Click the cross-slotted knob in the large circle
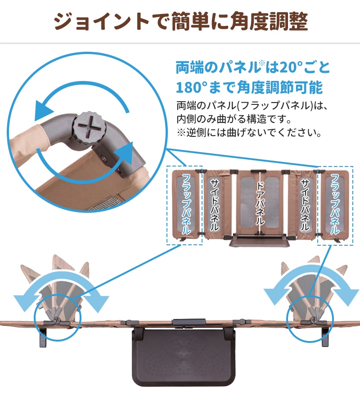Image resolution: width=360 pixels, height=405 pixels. point(90,128)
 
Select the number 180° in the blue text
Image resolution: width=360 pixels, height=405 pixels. point(192,87)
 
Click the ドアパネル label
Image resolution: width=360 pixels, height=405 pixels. point(260,203)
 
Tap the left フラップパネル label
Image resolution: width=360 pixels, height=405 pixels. point(186,204)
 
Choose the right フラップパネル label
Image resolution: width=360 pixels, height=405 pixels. point(335,204)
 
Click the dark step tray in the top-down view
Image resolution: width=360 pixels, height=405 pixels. point(183,357)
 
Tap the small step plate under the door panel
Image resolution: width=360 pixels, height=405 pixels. point(260,241)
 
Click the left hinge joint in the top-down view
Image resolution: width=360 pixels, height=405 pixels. point(57,320)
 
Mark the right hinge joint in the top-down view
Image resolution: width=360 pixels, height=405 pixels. point(314,320)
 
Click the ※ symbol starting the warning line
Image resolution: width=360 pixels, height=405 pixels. point(181,133)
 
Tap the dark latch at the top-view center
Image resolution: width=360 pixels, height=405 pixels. point(189,322)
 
